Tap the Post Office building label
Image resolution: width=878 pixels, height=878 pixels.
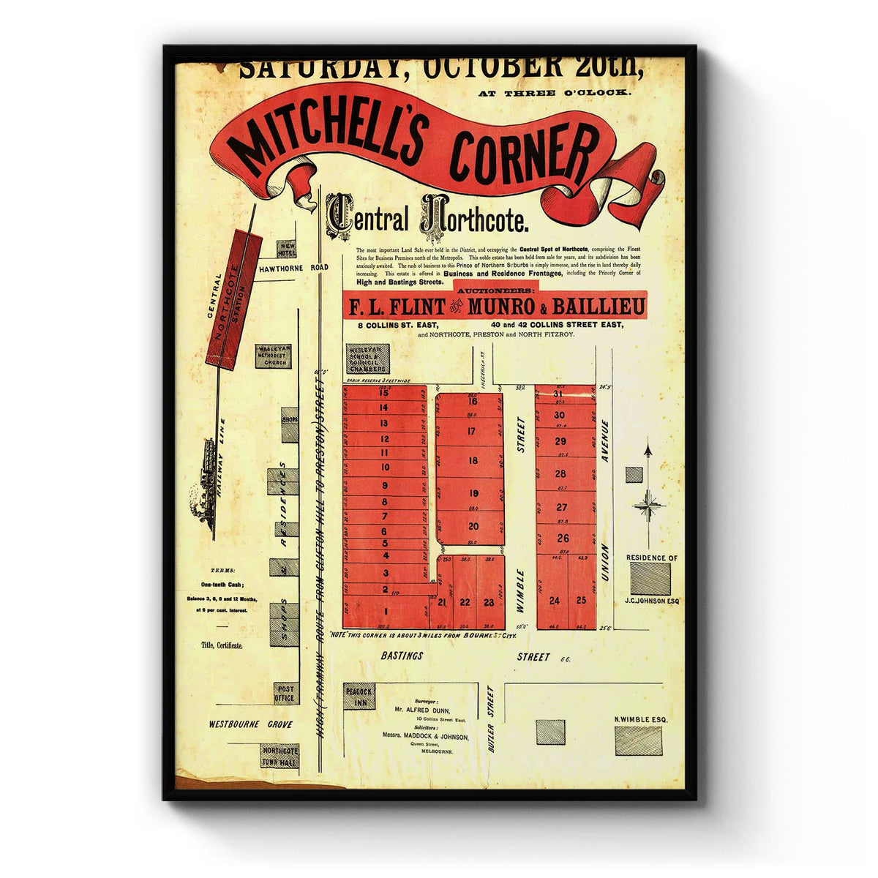coord(285,694)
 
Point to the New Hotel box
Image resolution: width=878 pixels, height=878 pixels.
coord(286,249)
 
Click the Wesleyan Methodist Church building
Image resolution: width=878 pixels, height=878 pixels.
coord(272,356)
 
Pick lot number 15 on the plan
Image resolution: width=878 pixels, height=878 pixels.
coord(384,393)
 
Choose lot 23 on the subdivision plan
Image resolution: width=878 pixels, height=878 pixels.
coord(489,602)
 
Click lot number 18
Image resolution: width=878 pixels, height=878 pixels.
coord(473,461)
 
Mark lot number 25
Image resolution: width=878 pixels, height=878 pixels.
coord(581,601)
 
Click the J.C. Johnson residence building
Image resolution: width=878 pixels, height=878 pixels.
coord(650,579)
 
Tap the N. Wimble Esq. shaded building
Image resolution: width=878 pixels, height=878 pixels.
coord(638,740)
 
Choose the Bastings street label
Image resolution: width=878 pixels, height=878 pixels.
coord(402,656)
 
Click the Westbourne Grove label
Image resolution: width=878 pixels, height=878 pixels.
coord(250,724)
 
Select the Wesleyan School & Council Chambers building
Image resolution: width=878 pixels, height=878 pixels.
coord(367,359)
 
